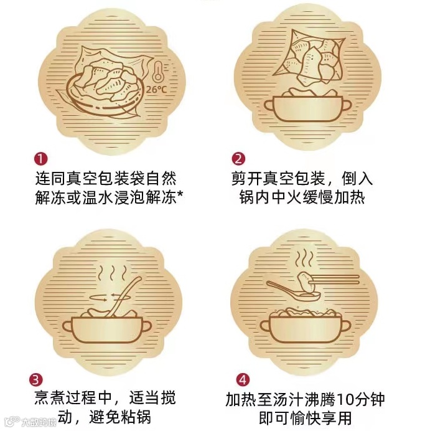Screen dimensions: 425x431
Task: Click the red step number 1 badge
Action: click(41, 159)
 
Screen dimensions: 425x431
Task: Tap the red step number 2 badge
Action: click(238, 159)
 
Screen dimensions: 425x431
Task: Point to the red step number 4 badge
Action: click(243, 379)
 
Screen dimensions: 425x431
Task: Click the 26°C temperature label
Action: click(156, 89)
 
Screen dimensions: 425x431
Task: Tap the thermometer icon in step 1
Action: click(157, 72)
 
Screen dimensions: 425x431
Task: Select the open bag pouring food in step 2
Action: click(309, 57)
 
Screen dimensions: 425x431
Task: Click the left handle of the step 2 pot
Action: click(269, 106)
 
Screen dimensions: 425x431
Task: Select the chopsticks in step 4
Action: click(334, 279)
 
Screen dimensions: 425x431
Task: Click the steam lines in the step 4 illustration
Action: click(304, 258)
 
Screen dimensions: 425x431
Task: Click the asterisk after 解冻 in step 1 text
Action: click(180, 194)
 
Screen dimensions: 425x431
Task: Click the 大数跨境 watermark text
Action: click(39, 422)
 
